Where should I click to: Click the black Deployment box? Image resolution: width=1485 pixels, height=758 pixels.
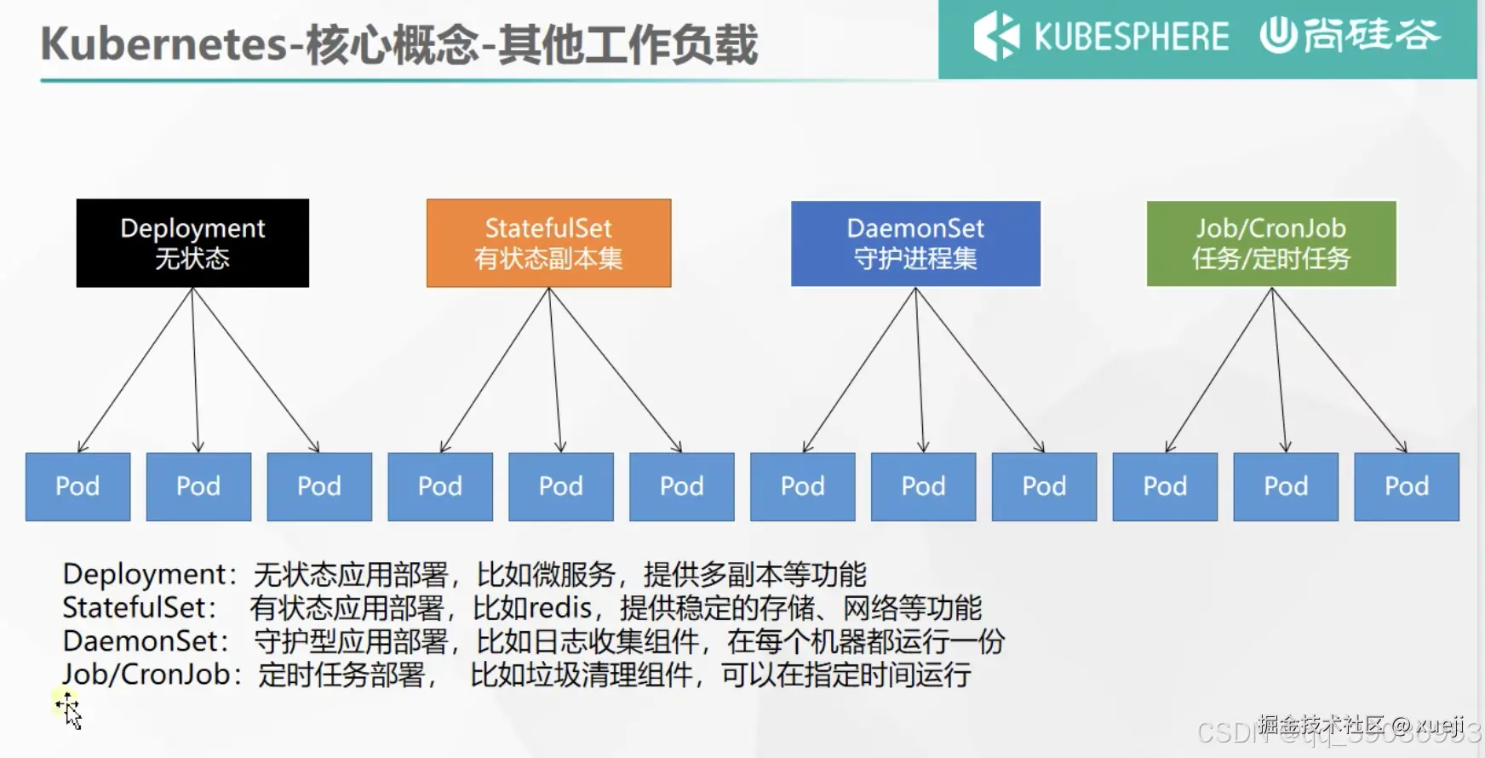click(192, 243)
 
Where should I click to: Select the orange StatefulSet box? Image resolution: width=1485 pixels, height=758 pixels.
click(548, 243)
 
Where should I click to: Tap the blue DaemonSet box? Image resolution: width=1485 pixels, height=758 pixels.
click(915, 243)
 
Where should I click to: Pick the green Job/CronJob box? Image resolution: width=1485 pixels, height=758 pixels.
click(1271, 243)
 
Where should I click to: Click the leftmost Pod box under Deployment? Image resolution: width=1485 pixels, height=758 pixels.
click(77, 486)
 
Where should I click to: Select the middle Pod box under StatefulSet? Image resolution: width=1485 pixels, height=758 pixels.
click(560, 486)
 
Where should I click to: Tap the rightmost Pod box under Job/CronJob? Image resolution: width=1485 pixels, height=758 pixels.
click(1406, 486)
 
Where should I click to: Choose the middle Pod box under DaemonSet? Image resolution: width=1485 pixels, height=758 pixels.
click(923, 486)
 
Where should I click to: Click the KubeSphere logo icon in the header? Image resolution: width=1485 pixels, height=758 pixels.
click(995, 36)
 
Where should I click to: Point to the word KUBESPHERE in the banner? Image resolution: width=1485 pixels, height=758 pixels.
click(1131, 37)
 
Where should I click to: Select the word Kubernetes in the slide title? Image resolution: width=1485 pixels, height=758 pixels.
click(163, 44)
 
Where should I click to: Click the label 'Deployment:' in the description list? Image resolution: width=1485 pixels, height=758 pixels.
click(149, 575)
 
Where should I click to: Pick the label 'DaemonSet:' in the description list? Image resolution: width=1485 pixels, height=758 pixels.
click(146, 641)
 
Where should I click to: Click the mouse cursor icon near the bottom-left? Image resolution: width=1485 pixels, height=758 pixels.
click(70, 710)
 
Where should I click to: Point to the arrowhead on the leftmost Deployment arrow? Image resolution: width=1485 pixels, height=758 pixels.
click(81, 447)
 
